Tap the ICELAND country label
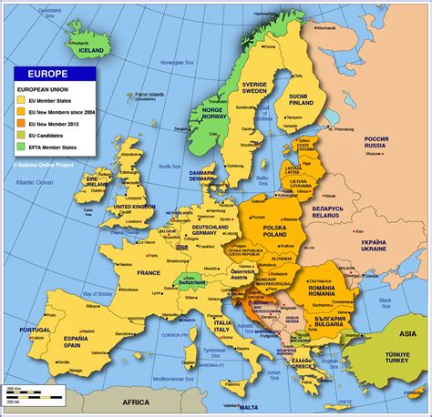click(89, 52)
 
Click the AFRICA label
click(137, 402)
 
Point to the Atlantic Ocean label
click(34, 183)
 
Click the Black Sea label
click(383, 300)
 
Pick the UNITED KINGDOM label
click(128, 208)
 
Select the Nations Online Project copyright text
click(43, 165)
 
